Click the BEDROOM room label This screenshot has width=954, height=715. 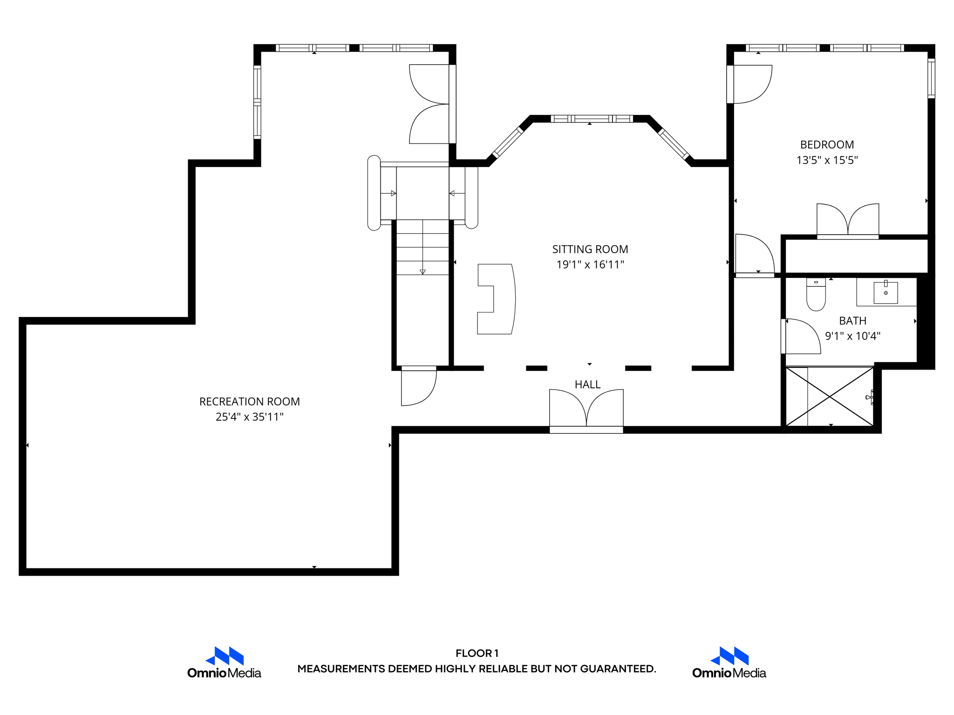point(827,145)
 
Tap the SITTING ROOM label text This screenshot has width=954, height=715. point(590,250)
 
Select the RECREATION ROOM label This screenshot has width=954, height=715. point(250,402)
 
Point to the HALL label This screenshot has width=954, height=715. point(587,384)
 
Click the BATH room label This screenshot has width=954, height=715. point(852,321)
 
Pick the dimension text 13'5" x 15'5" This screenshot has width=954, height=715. point(827,160)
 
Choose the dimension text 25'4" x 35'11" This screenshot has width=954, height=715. point(250,417)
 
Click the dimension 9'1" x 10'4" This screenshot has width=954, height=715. point(852,336)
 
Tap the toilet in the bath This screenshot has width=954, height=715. point(816,294)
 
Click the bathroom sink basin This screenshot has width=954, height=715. point(886,292)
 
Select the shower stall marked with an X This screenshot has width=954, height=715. point(830,397)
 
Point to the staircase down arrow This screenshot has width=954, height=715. point(422,247)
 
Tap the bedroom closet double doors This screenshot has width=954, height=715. point(848,221)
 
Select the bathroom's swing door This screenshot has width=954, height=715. point(801,336)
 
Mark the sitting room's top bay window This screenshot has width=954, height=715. point(592,119)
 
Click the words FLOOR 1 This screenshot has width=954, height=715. point(477,653)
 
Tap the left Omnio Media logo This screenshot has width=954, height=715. point(224,662)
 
